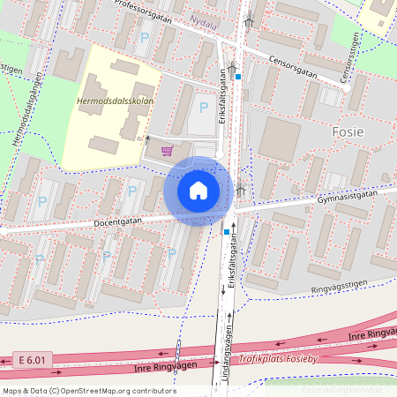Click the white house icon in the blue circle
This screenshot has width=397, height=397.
click(x=198, y=190)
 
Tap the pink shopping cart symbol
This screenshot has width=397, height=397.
click(x=167, y=150)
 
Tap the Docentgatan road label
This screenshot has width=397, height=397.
click(x=118, y=223)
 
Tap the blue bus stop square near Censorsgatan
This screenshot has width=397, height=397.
click(x=238, y=77)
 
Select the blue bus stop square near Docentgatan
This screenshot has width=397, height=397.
click(x=227, y=231)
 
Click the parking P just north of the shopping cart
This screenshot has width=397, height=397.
click(x=204, y=108)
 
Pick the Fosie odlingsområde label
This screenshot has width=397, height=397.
click(x=342, y=389)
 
